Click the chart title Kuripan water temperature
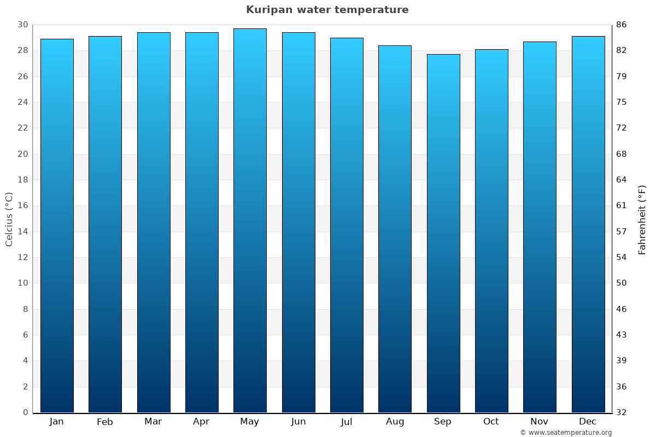[x=327, y=10]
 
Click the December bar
[x=588, y=224]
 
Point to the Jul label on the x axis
[x=347, y=422]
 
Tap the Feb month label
[x=105, y=422]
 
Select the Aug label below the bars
[x=395, y=422]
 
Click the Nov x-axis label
[x=540, y=422]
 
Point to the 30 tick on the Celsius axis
[x=22, y=25]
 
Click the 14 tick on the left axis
[x=22, y=232]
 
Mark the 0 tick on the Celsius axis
[x=25, y=412]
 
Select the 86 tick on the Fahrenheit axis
[x=621, y=25]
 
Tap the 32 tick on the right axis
[x=621, y=412]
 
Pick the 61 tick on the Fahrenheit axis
[x=621, y=205]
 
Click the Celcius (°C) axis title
[x=9, y=218]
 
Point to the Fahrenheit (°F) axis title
[x=642, y=219]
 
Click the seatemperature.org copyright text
[x=566, y=433]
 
